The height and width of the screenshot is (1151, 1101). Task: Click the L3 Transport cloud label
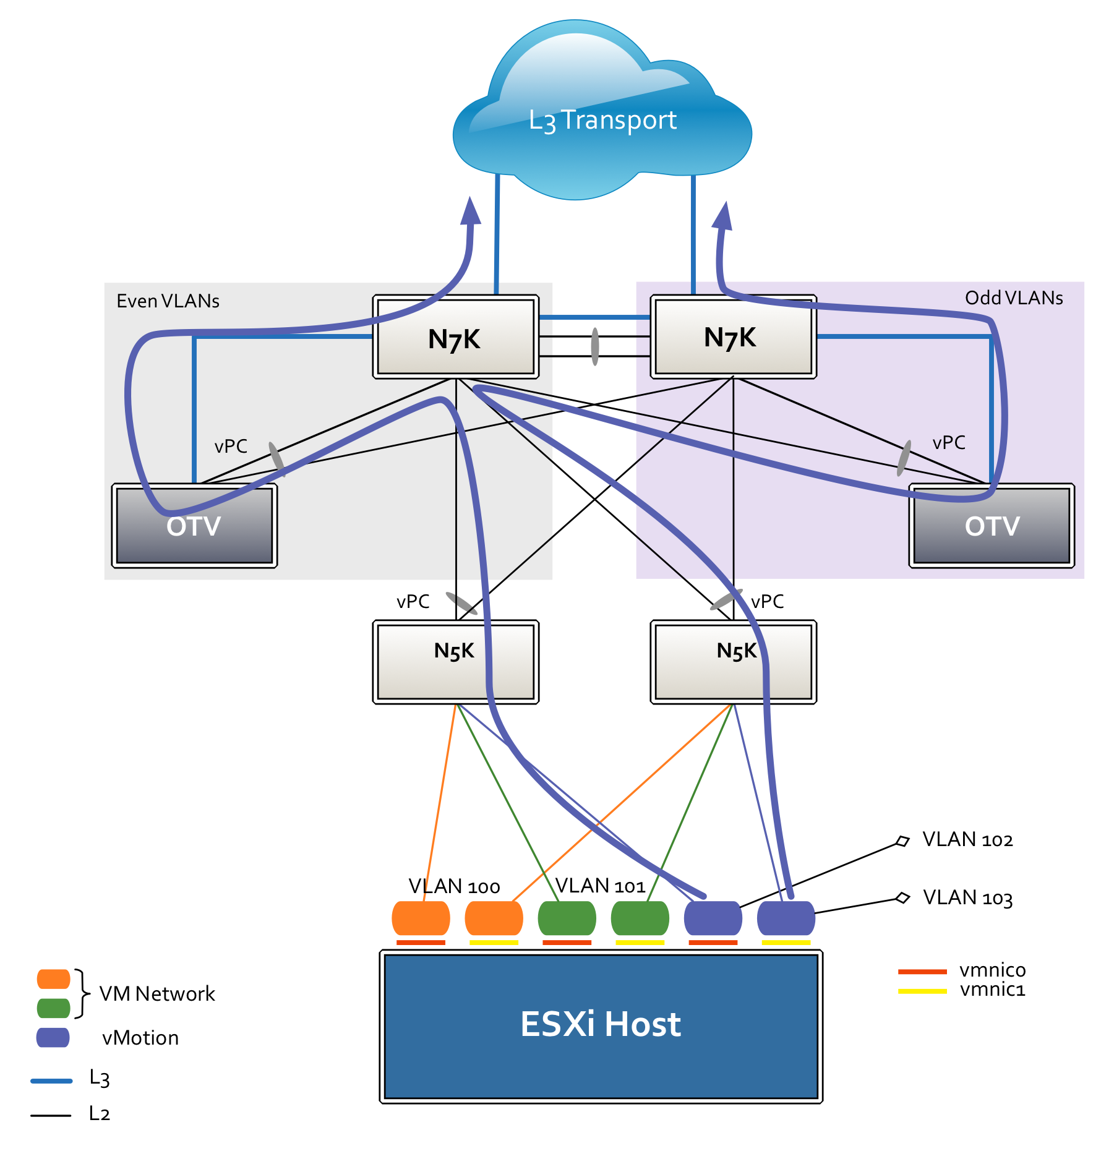coord(602,120)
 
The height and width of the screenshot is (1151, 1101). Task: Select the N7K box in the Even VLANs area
coord(455,336)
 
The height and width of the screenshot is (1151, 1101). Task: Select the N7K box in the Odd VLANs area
coord(734,336)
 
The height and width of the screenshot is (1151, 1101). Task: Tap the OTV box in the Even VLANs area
coord(194,526)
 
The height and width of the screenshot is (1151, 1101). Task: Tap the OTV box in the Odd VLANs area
coord(992,526)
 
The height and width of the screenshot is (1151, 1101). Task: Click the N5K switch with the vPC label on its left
coord(455,662)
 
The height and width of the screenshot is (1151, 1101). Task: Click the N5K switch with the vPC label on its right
coord(734,662)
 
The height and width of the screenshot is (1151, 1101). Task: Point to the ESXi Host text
coord(601,1024)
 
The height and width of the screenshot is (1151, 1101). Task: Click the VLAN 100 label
coord(454,886)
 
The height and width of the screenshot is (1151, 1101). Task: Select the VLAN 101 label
coord(600,886)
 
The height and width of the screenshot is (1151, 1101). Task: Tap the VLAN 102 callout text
coord(967,839)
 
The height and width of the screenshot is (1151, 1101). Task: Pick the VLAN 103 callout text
coord(967,897)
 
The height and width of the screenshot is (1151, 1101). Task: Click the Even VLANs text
coord(168,301)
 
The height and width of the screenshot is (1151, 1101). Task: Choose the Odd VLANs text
coord(1014,298)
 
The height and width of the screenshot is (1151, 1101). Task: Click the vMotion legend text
coord(140,1038)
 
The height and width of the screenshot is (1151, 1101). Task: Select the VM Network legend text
coord(157,994)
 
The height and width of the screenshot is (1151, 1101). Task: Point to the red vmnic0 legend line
coord(922,972)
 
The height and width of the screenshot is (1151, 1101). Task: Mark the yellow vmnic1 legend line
coord(922,991)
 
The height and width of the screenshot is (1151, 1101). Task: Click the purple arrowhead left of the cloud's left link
coord(471,211)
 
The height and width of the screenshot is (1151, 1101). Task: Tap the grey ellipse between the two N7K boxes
coord(595,346)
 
